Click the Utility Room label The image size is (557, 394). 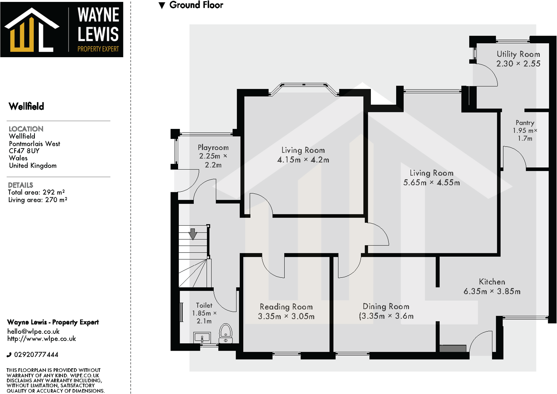click(518, 54)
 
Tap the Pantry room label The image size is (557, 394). click(525, 123)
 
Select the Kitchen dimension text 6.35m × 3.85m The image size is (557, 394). click(492, 292)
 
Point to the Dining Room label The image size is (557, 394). click(386, 307)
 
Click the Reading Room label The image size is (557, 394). click(286, 307)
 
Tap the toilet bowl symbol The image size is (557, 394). click(226, 333)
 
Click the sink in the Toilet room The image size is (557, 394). click(202, 338)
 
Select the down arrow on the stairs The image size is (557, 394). click(193, 234)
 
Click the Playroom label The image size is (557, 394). click(213, 148)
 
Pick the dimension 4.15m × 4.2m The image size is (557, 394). click(303, 160)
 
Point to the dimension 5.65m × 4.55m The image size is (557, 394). click(431, 183)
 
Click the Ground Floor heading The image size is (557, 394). click(196, 5)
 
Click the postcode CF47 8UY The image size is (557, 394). click(24, 151)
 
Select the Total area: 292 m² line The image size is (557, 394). click(36, 192)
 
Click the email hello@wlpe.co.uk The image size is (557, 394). click(33, 331)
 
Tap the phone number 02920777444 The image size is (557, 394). click(36, 354)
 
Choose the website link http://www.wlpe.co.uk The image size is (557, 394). click(41, 339)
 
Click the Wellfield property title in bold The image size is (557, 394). click(26, 107)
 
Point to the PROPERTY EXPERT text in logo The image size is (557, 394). click(98, 49)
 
